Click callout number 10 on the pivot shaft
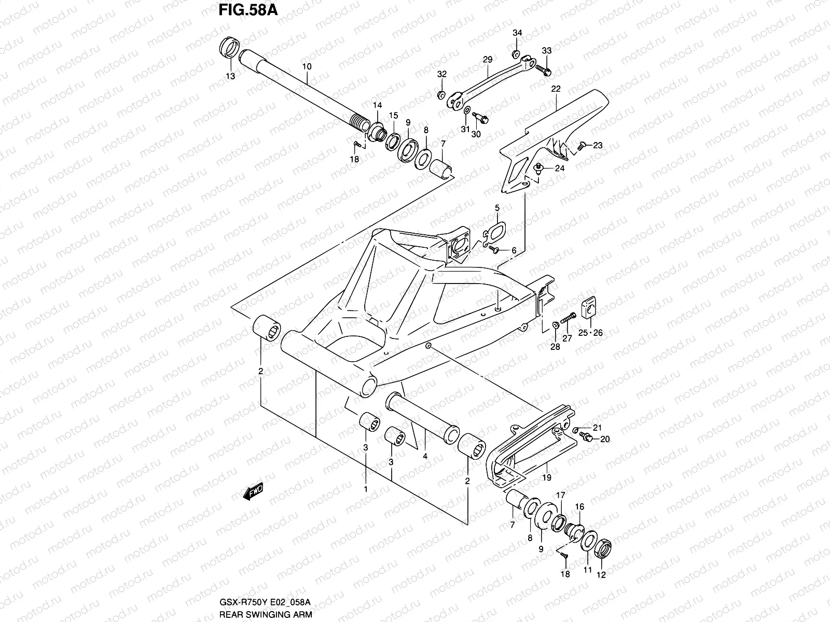tap(307, 66)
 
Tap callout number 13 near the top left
tap(230, 76)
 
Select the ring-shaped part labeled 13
tap(229, 49)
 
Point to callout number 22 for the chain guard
tap(556, 89)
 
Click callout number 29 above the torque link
tap(487, 60)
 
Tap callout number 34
tap(517, 33)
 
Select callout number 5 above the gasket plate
tap(497, 208)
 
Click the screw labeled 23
tap(582, 145)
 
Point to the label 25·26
tap(590, 333)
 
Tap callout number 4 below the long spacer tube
tap(424, 457)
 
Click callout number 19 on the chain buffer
tap(547, 477)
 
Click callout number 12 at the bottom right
tap(601, 574)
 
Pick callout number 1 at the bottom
tap(365, 489)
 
